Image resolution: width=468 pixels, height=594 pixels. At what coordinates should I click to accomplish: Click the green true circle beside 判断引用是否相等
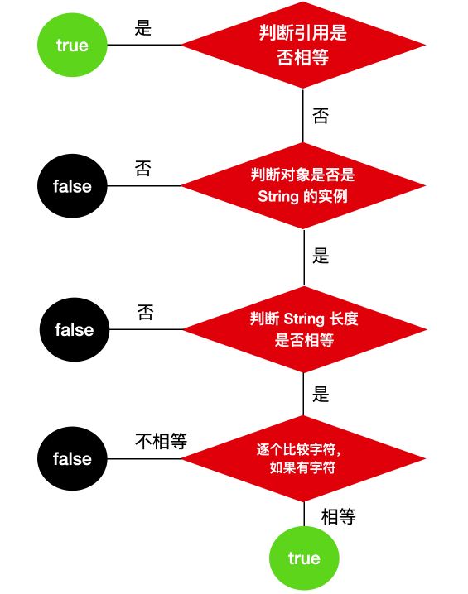click(x=72, y=45)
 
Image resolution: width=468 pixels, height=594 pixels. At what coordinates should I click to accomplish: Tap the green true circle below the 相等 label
click(x=304, y=558)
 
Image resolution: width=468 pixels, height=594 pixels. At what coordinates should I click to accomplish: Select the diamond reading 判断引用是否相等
click(x=303, y=45)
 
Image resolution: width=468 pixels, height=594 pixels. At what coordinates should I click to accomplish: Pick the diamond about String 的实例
click(x=303, y=185)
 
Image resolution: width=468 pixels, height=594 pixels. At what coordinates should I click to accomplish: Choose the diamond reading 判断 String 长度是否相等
click(x=303, y=329)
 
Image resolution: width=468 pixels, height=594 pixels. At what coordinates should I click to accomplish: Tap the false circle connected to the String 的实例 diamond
click(x=72, y=186)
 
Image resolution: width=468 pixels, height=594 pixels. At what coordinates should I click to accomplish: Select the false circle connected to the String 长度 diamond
click(x=74, y=329)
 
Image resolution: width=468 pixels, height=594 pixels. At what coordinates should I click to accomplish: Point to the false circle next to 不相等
click(x=72, y=459)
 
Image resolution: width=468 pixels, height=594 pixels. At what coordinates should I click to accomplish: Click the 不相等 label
click(x=161, y=441)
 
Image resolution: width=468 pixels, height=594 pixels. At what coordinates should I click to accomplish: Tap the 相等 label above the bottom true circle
click(x=338, y=517)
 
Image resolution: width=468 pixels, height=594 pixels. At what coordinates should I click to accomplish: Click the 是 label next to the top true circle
click(x=143, y=27)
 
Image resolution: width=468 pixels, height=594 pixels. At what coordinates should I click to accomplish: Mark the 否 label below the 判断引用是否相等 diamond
click(x=321, y=116)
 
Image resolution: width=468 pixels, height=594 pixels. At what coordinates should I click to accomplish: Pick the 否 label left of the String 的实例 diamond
click(x=143, y=169)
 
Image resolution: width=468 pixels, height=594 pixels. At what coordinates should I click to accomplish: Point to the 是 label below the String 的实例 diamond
click(x=321, y=256)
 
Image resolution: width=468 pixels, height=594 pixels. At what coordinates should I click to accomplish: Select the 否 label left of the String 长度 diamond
click(x=145, y=313)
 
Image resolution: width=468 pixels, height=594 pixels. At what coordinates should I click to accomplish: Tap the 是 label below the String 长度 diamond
click(x=321, y=395)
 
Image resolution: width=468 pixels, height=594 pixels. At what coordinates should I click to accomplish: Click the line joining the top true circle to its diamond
click(x=144, y=45)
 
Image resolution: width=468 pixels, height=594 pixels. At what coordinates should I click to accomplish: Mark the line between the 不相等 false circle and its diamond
click(x=149, y=459)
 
